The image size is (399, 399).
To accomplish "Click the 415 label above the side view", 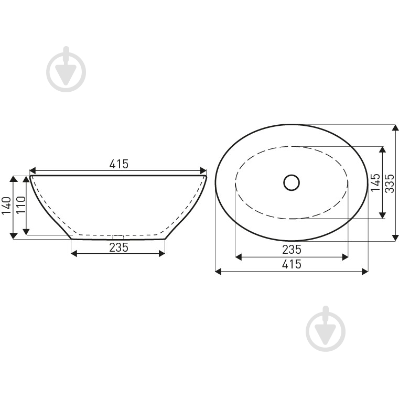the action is (119, 164).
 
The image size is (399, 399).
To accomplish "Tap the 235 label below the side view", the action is (119, 247).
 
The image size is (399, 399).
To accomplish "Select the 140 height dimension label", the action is (6, 206).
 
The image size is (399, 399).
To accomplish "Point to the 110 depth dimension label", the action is (20, 205).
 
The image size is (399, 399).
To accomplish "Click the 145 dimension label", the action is (375, 182).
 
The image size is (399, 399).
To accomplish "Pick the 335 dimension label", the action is (390, 184).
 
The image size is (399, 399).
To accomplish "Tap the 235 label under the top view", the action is (292, 250).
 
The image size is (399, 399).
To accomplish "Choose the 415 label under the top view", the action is (292, 264).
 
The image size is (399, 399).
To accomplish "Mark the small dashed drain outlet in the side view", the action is (118, 236).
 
